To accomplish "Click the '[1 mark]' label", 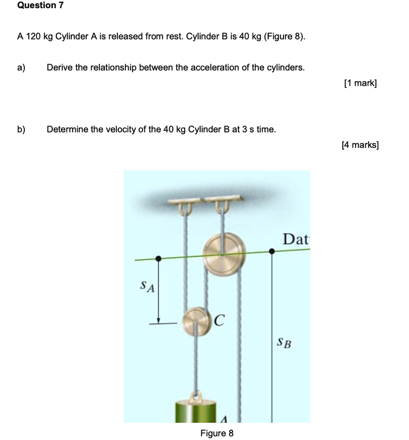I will click(x=360, y=83).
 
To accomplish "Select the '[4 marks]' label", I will click(x=360, y=145).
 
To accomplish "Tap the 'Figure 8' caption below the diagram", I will click(x=217, y=433).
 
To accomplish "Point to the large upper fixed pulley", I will click(x=224, y=254).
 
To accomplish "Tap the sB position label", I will click(x=284, y=342).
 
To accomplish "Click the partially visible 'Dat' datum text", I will click(x=296, y=239).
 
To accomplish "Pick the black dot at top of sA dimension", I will click(x=159, y=258).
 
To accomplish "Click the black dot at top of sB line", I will click(x=272, y=251).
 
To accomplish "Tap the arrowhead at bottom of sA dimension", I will click(x=159, y=320).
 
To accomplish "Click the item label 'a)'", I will click(x=21, y=67).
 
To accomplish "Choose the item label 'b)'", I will click(x=21, y=129).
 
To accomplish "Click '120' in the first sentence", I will click(x=33, y=37).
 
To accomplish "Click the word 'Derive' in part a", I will click(x=59, y=67).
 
